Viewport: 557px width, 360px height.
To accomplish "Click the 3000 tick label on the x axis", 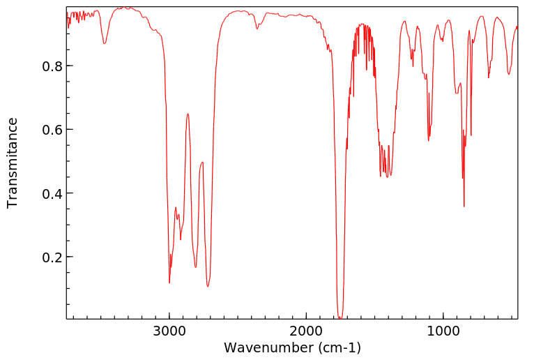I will click(x=169, y=331).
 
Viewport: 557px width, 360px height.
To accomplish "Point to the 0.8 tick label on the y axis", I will click(x=49, y=66).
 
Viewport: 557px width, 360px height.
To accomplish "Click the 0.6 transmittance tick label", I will click(x=49, y=130).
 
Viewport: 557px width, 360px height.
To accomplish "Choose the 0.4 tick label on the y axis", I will click(x=49, y=193).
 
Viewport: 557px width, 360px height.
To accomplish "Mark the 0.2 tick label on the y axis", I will click(x=49, y=257).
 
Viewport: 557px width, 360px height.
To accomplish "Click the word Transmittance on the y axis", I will click(x=13, y=163).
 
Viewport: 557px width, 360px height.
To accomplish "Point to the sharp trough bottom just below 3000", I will click(x=169, y=282).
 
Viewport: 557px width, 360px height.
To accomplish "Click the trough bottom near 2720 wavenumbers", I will click(x=208, y=286).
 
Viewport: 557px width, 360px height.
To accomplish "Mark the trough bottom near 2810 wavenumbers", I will click(x=196, y=267).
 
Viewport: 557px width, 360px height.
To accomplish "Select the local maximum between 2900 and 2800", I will click(x=188, y=114).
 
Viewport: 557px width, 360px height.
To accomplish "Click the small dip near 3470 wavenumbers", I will click(x=105, y=44).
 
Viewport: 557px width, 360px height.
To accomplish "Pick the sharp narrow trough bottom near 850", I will click(x=464, y=207).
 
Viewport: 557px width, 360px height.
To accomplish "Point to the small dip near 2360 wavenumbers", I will click(x=257, y=29).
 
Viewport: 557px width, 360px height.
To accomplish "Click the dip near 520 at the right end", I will click(x=509, y=74).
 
